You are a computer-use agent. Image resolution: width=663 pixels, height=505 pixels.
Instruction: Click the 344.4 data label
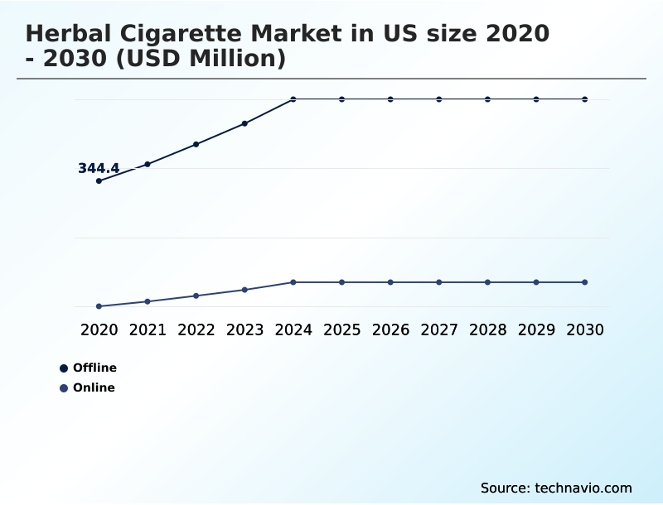point(99,168)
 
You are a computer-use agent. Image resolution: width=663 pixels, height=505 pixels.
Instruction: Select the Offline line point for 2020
point(99,180)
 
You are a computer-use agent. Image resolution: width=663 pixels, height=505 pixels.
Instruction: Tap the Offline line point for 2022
point(196,144)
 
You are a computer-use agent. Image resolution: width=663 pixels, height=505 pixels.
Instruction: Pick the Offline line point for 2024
point(293,99)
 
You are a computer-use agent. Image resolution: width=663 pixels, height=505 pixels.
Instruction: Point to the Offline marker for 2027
point(439,99)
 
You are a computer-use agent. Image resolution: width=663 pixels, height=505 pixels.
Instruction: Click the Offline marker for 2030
point(585,99)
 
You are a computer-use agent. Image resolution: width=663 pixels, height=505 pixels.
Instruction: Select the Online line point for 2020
point(99,306)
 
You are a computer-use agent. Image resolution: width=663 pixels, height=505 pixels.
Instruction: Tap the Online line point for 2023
point(244,290)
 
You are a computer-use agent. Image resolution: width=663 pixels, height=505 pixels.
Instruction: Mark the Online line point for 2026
point(390,282)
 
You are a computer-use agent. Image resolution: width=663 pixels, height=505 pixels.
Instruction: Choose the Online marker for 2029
point(536,282)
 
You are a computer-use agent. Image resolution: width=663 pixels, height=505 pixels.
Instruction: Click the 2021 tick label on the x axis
point(148,329)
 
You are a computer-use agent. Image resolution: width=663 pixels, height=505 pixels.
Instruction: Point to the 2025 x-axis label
point(341,329)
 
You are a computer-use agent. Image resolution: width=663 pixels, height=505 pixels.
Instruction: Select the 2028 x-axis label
point(487,329)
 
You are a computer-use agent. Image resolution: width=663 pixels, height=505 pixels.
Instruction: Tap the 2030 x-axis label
point(585,329)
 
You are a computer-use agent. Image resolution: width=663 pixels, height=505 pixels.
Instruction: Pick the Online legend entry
point(94,387)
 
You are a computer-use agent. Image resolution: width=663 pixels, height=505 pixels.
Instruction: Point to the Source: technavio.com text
point(556,488)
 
